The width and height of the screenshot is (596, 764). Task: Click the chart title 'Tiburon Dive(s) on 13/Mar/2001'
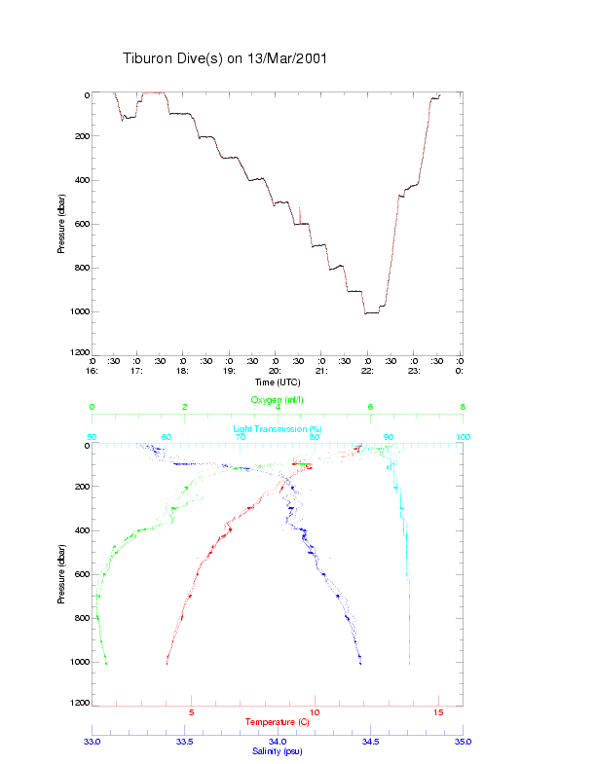[224, 58]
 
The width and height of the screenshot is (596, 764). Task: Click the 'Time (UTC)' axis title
[277, 382]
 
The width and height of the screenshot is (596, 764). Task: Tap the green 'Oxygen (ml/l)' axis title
[278, 400]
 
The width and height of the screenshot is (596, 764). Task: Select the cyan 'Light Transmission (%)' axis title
[278, 429]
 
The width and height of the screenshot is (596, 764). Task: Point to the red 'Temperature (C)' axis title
[277, 722]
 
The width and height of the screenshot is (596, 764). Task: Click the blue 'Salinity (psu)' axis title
[277, 751]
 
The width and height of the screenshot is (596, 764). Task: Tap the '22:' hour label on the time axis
[367, 371]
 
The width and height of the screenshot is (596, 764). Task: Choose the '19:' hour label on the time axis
[229, 371]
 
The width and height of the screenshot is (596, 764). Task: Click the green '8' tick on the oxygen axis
[463, 408]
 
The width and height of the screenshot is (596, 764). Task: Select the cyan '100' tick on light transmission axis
[463, 437]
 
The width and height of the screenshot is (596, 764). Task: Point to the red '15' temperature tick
[437, 713]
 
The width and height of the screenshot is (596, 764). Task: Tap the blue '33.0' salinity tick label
[93, 742]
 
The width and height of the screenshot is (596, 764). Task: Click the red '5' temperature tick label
[191, 713]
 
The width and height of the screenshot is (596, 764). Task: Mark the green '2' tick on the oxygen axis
[185, 408]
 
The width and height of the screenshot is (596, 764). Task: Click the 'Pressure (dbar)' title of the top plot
[60, 224]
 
